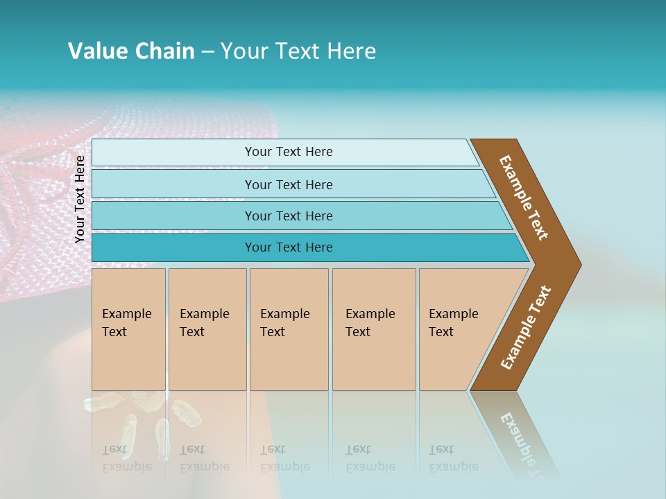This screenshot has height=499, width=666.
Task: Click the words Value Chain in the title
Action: click(131, 51)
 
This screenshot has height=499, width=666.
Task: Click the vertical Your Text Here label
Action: click(80, 199)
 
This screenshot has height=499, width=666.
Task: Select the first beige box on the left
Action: click(128, 329)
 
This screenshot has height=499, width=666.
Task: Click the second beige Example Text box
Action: click(207, 329)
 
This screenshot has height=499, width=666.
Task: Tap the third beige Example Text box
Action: click(289, 329)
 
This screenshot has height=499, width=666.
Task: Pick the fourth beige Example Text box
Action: click(374, 329)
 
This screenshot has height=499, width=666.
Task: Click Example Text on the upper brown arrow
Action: click(524, 198)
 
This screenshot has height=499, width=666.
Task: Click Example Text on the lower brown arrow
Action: click(526, 328)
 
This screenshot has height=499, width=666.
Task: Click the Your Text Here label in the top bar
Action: click(289, 152)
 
